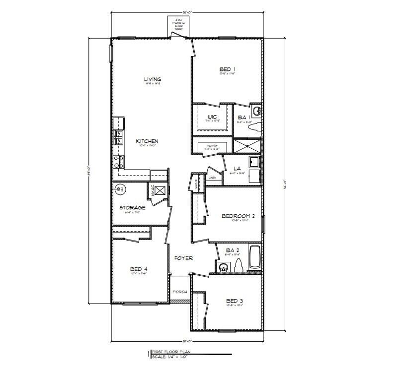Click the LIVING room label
click(153, 79)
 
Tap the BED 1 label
click(227, 69)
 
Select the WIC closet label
click(211, 117)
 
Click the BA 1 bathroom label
click(243, 117)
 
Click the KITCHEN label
click(147, 141)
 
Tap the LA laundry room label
click(237, 169)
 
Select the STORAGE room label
click(132, 207)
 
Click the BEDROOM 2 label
click(238, 216)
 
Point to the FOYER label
click(183, 258)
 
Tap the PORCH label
click(179, 292)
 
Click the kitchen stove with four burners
click(119, 161)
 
